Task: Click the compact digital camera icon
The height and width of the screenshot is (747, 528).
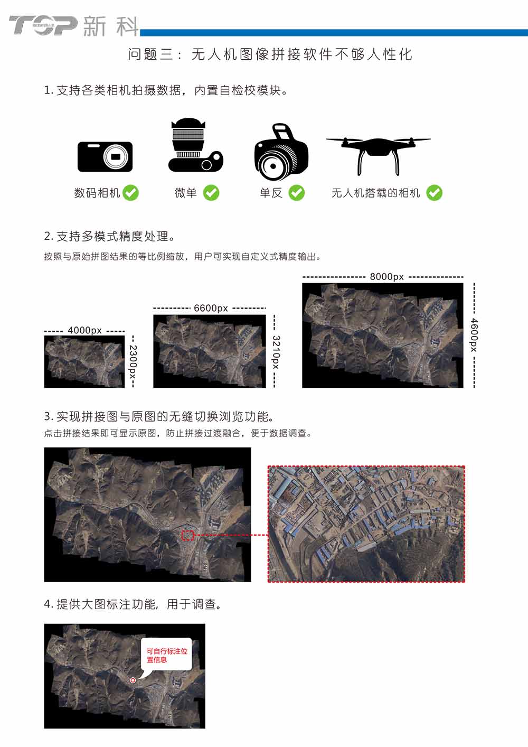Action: coord(105,157)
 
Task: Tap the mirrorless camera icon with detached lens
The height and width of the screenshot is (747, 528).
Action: coord(195,145)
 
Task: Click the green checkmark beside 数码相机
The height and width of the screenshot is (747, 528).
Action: coord(130,193)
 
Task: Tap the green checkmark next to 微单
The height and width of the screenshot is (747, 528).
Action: coord(211,193)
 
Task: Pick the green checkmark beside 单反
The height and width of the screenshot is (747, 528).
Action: coord(297,193)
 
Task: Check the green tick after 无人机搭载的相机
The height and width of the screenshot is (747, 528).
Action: coord(435,193)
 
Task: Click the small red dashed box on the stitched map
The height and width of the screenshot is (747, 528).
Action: coord(188,535)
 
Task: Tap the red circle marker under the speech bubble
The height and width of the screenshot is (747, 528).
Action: coord(133,680)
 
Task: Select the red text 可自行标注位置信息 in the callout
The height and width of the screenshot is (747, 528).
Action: coord(167,655)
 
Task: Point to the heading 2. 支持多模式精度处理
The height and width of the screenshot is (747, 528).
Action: coord(109,236)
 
